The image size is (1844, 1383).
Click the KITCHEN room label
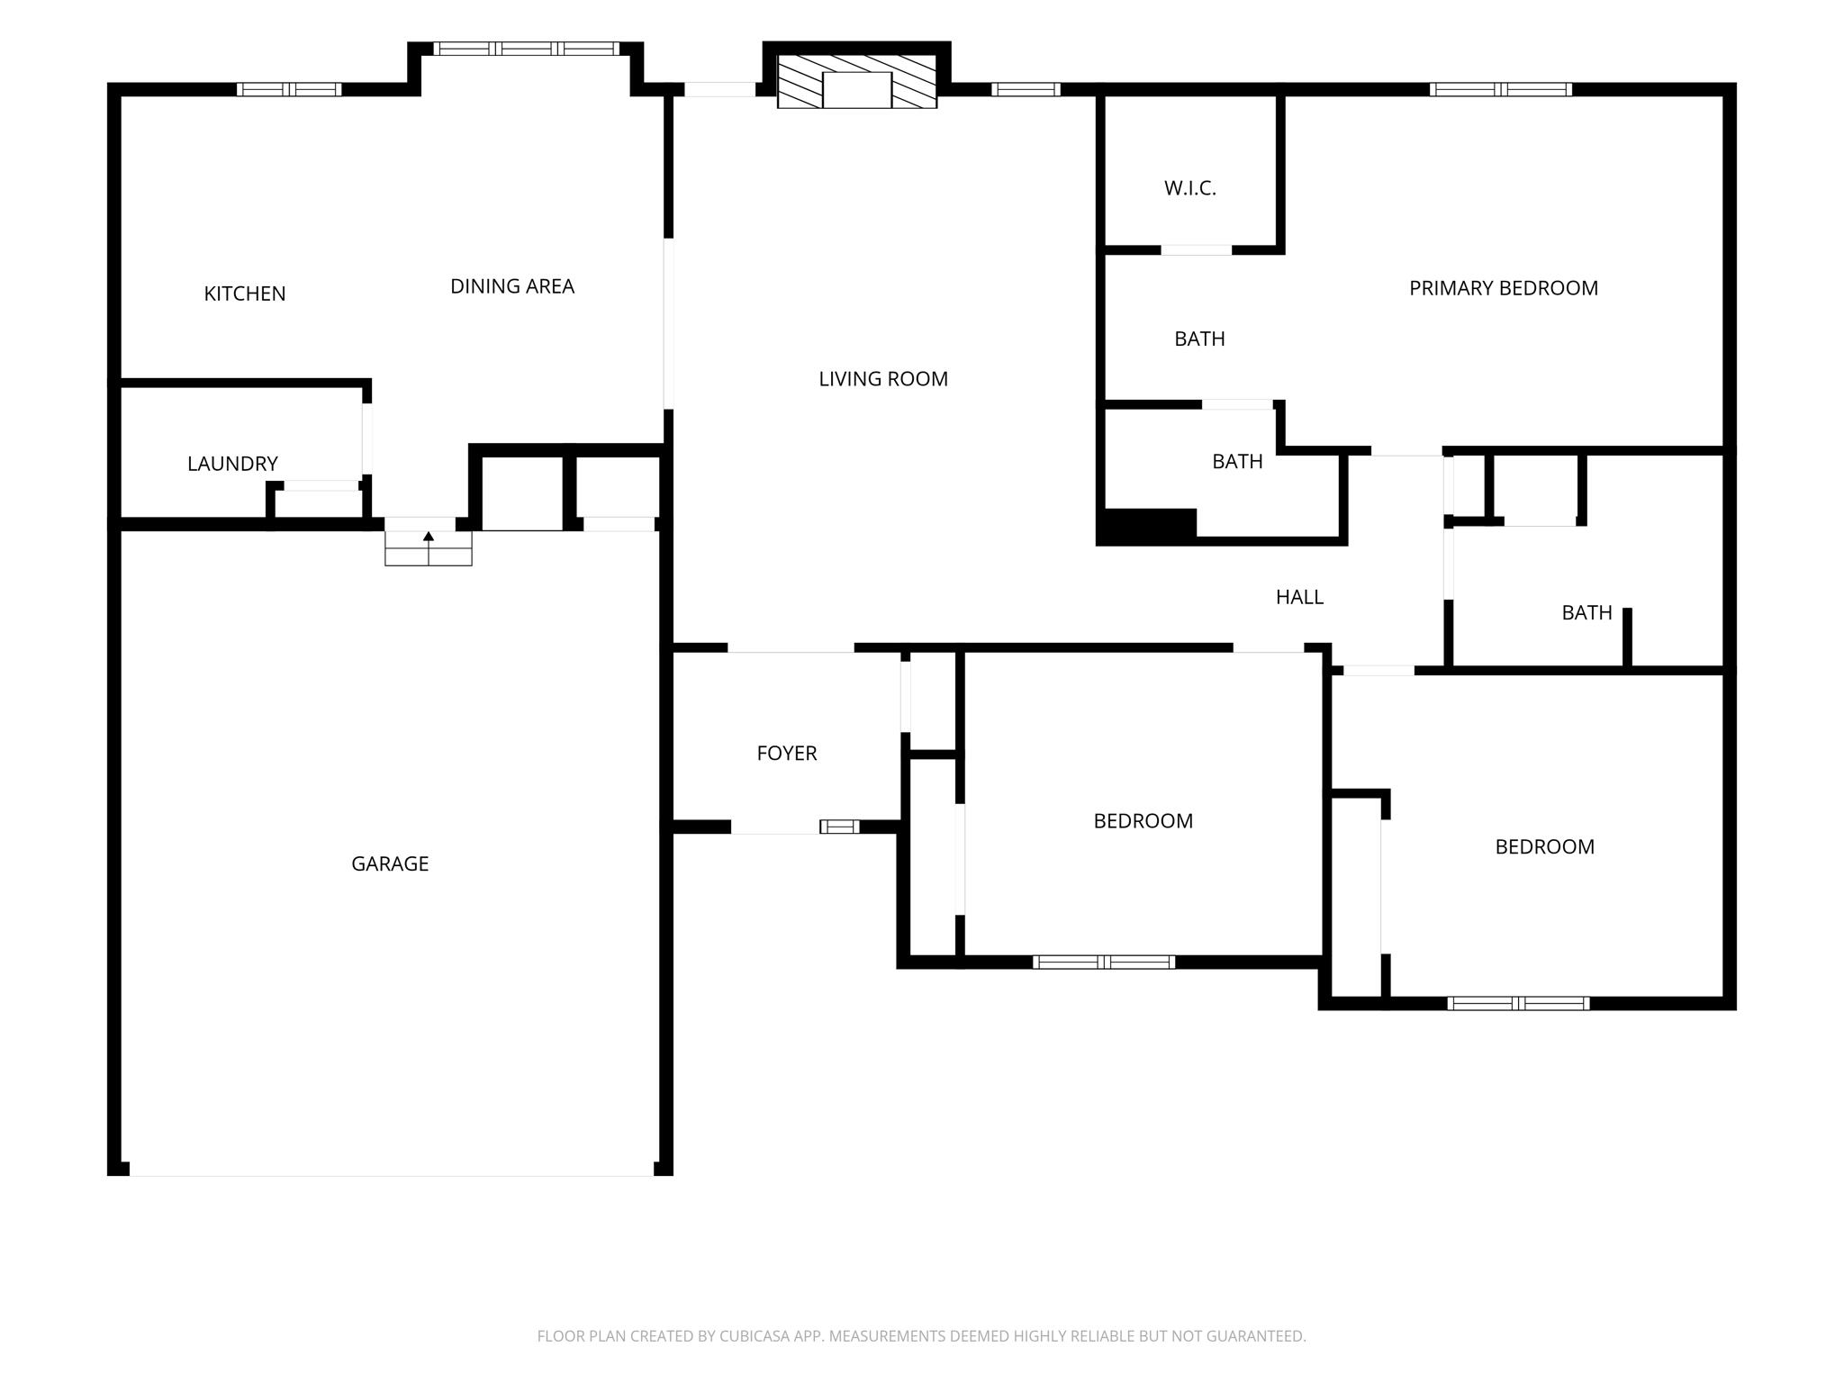[x=245, y=294]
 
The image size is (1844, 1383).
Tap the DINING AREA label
[x=512, y=286]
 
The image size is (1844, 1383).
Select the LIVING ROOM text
[x=883, y=379]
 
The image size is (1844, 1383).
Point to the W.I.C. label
[x=1190, y=188]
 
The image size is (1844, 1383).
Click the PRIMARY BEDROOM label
[x=1504, y=288]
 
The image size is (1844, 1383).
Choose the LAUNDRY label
[x=232, y=464]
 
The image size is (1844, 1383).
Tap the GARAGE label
[x=390, y=863]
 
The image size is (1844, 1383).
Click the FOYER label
[x=787, y=753]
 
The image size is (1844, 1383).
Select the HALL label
[x=1299, y=597]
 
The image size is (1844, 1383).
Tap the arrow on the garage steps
[x=429, y=537]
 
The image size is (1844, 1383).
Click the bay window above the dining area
[x=527, y=49]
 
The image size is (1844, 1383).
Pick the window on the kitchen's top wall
[x=289, y=89]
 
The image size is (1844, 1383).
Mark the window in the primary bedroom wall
[x=1501, y=89]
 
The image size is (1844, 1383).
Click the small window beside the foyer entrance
[x=839, y=827]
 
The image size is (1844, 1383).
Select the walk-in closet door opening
[x=1196, y=250]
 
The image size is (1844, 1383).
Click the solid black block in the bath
[x=1146, y=527]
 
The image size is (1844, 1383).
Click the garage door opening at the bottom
[x=392, y=1169]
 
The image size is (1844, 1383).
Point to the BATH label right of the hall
[x=1586, y=613]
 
